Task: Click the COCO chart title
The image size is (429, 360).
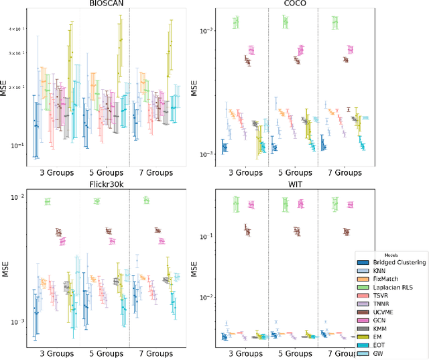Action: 292,3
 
